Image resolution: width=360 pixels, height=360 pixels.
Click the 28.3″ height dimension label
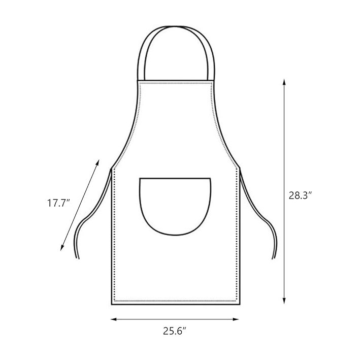click(300, 195)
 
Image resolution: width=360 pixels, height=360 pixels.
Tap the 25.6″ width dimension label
click(175, 331)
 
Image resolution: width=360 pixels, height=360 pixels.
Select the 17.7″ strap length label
click(58, 204)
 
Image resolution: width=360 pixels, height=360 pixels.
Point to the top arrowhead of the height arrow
click(284, 82)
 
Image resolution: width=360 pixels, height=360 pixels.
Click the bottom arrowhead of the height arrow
click(284, 301)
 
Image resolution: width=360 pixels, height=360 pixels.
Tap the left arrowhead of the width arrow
click(114, 319)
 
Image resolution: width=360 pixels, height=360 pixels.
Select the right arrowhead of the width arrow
click(236, 319)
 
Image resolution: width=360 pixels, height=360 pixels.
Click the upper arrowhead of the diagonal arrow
click(97, 162)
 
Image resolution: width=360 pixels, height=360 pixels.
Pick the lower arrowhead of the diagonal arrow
click(62, 248)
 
